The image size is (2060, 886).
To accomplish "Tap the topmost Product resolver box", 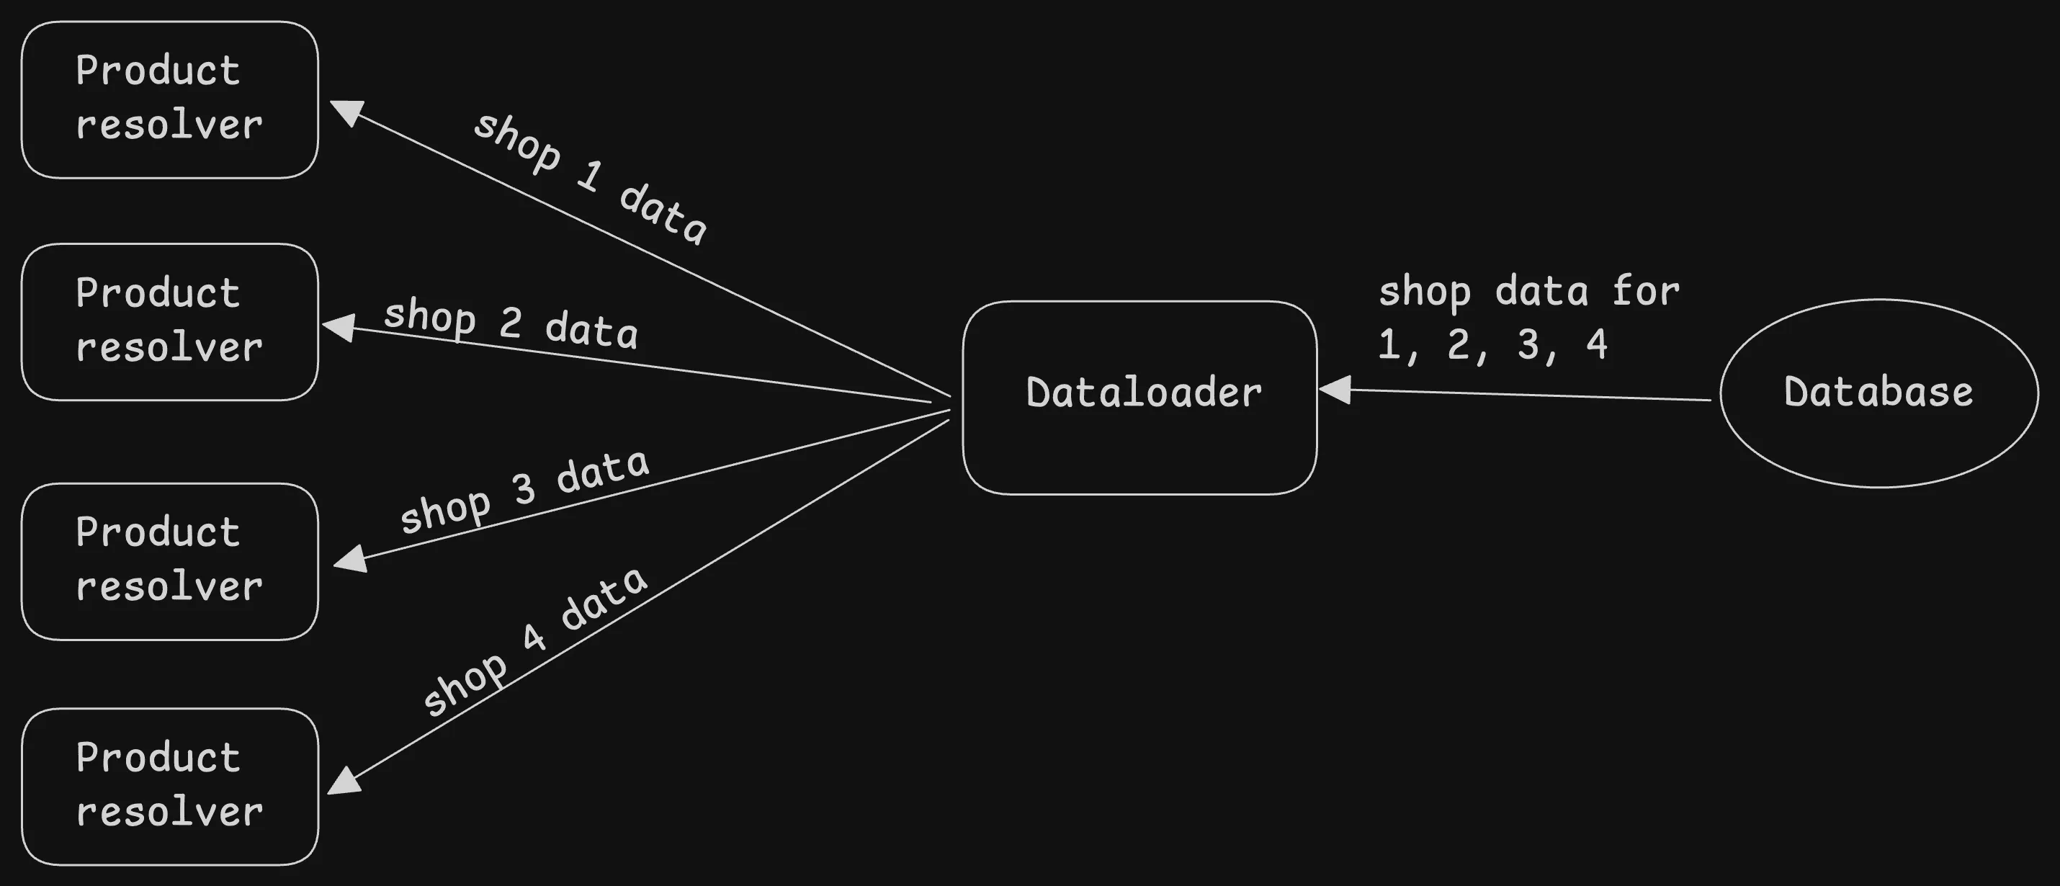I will (x=169, y=99).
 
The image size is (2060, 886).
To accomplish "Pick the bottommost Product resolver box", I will (x=169, y=786).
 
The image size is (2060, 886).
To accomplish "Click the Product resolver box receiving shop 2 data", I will (x=169, y=321).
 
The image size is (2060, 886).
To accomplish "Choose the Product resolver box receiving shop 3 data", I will (x=169, y=561).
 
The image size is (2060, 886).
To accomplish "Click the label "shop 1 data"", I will (x=590, y=177).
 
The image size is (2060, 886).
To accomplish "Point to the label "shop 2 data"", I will (x=510, y=322).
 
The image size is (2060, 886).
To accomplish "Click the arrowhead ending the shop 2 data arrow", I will (x=339, y=327).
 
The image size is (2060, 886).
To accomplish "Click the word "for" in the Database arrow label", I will (x=1645, y=290).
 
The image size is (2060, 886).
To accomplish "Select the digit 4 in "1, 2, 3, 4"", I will (x=1596, y=344).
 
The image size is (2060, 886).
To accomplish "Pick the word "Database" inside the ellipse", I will (x=1878, y=392).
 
